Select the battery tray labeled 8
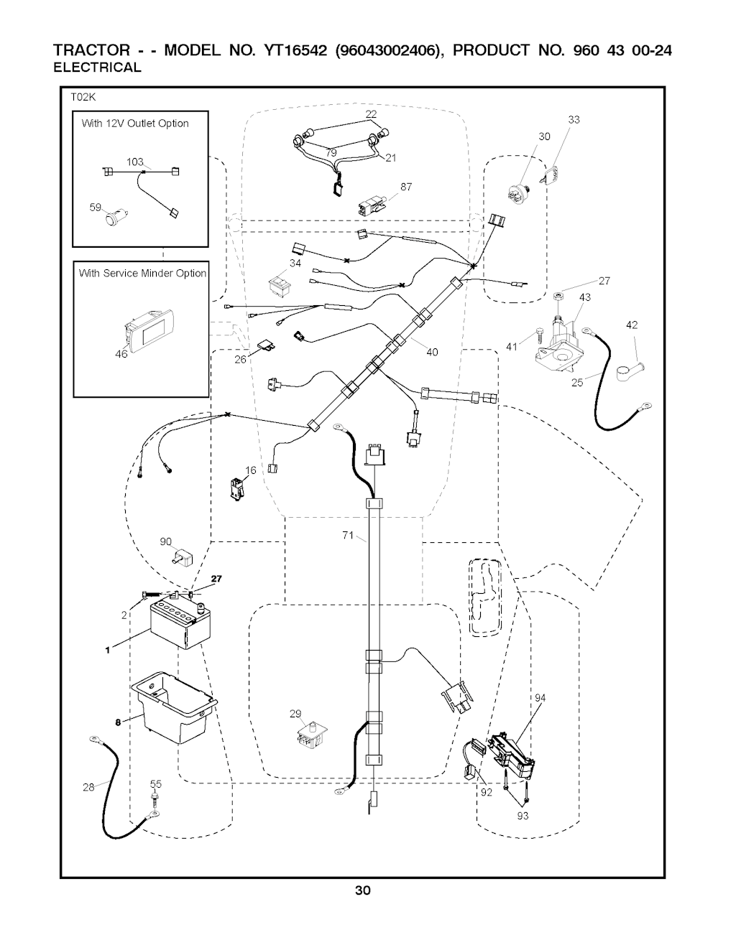point(172,708)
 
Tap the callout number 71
point(348,535)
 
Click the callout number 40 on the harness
point(431,352)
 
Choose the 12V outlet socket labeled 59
point(113,216)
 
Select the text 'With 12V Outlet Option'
point(135,124)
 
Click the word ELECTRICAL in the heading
point(98,68)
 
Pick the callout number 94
point(540,697)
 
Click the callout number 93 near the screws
point(523,815)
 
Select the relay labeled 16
point(236,487)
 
